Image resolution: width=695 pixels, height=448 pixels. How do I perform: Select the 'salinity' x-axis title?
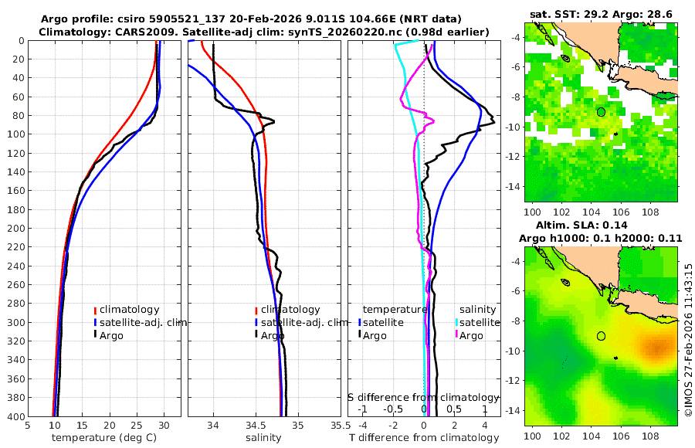pos(263,438)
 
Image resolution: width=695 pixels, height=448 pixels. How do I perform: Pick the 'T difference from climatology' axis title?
pos(424,438)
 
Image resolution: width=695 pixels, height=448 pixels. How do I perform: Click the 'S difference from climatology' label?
pos(424,396)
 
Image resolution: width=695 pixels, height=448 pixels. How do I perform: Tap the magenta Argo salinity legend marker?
pos(457,335)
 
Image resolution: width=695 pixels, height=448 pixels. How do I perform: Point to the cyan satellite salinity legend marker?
pos(457,322)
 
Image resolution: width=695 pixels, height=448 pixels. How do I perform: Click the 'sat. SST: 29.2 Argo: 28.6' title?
pos(602,15)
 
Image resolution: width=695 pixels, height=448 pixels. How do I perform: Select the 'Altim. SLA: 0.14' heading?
pos(601,224)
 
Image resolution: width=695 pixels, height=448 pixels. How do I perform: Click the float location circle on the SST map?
pos(601,111)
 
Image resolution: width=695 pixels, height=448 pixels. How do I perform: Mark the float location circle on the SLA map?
pos(601,336)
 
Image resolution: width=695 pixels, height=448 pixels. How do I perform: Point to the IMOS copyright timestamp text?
pos(689,340)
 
